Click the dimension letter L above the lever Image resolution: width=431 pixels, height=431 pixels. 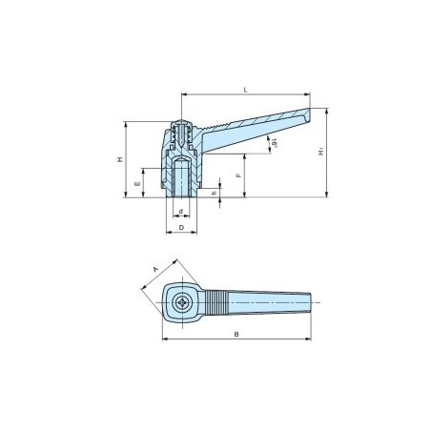[x=246, y=89]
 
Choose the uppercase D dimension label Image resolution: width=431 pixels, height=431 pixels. [x=180, y=230]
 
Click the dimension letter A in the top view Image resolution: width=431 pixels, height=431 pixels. [x=155, y=271]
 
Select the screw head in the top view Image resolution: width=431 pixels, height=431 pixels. [x=182, y=304]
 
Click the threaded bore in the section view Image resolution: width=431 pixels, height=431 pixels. [x=181, y=178]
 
